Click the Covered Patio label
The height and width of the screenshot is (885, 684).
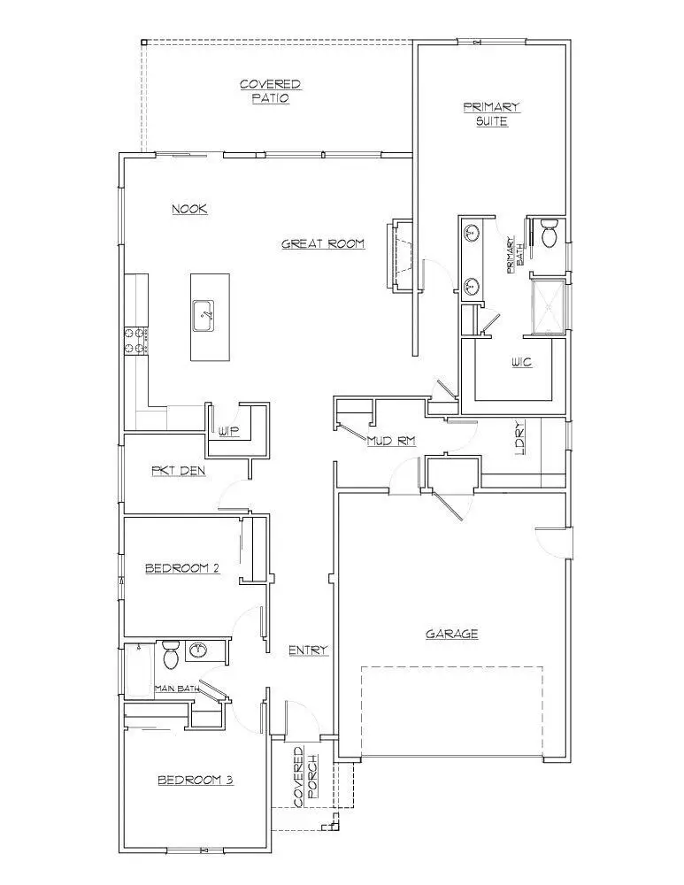[x=270, y=91]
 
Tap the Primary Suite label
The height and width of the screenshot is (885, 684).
[x=491, y=114]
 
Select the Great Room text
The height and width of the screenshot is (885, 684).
[x=323, y=243]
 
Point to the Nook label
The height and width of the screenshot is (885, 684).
[x=189, y=209]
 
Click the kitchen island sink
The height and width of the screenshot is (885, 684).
[x=205, y=315]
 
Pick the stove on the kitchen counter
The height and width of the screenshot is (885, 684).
[x=135, y=341]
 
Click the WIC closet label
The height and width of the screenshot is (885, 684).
[x=521, y=363]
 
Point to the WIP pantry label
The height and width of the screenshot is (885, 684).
[x=228, y=431]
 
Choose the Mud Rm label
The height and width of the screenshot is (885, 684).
[x=390, y=441]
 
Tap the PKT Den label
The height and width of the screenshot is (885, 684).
[x=179, y=471]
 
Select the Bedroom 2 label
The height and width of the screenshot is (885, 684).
[x=181, y=568]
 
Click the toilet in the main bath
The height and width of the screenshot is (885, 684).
[x=171, y=656]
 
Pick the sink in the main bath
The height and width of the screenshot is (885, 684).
[x=198, y=651]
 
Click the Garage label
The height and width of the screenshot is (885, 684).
[x=452, y=634]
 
